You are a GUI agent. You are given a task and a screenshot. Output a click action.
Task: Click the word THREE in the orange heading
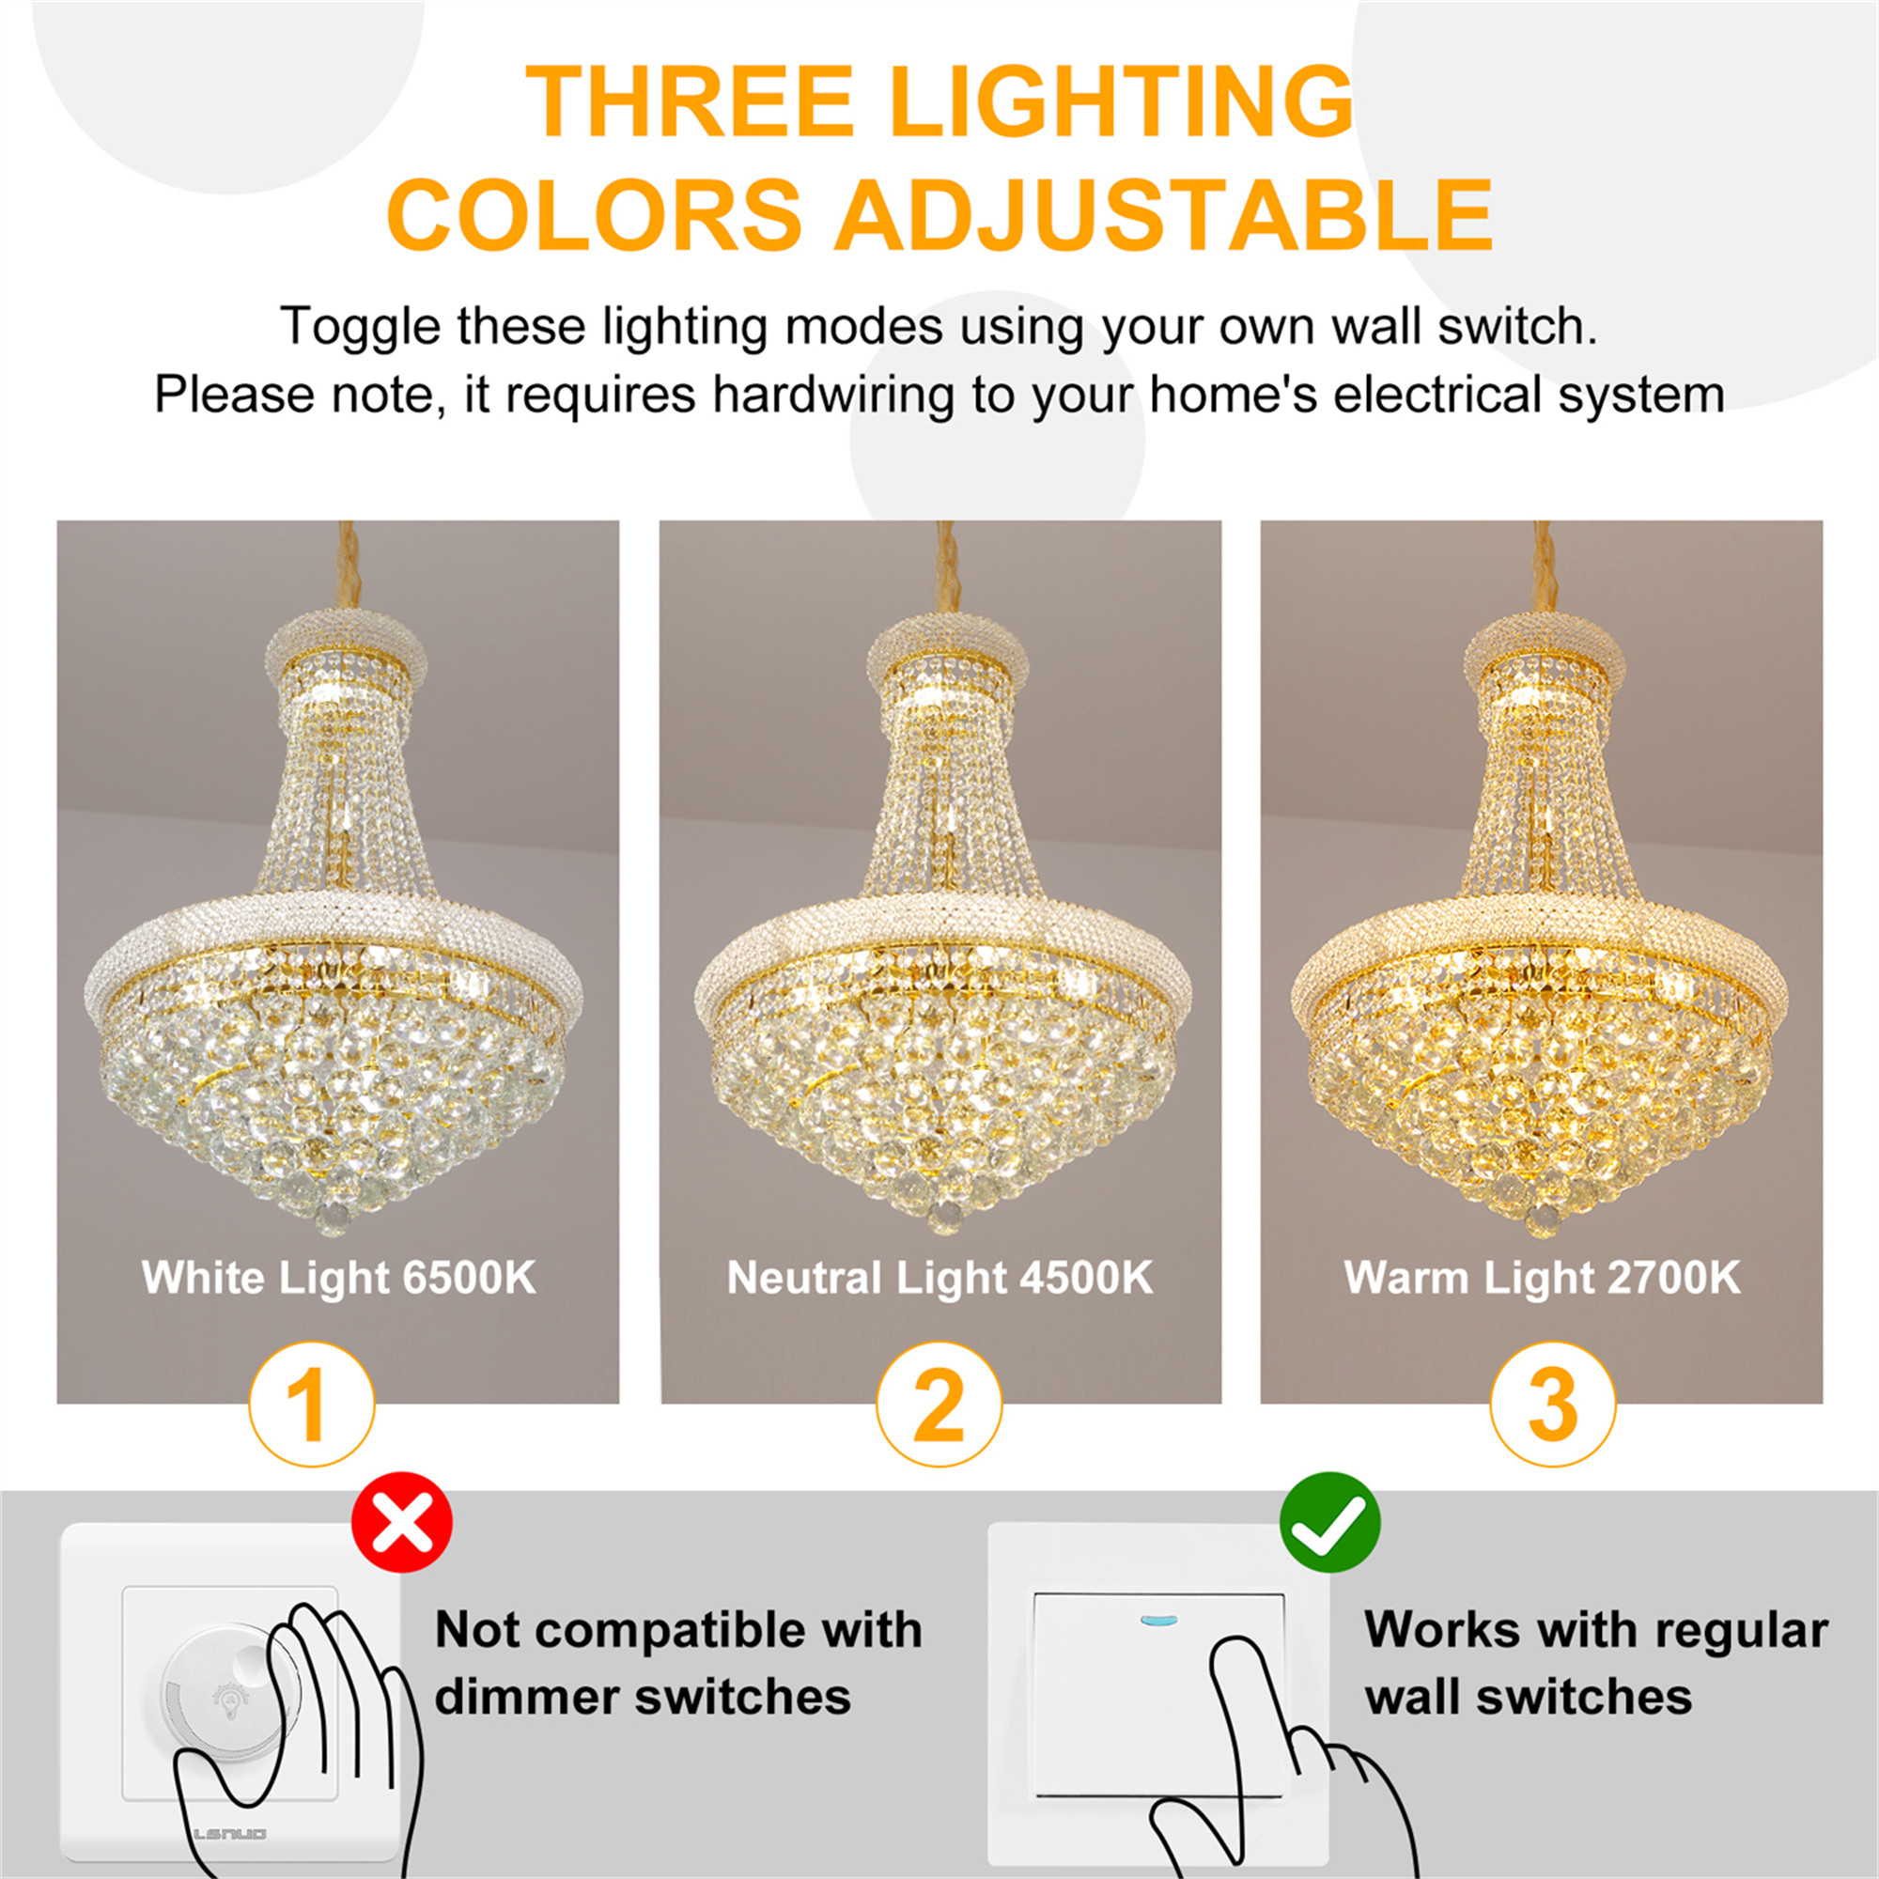690,102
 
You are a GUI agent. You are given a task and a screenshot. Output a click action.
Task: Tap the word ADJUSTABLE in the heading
1163,214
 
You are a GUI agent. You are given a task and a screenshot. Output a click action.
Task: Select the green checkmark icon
1328,1524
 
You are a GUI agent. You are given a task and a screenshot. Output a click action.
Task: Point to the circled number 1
312,1405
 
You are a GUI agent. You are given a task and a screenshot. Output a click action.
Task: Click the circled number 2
939,1405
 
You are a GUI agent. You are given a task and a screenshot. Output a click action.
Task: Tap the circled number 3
1553,1405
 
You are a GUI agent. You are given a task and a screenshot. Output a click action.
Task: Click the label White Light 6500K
338,1277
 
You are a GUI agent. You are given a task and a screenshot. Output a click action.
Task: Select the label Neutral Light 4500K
939,1277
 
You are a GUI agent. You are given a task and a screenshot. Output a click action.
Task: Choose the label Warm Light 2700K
1542,1277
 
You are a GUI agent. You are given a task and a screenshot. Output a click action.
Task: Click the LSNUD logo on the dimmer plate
229,1833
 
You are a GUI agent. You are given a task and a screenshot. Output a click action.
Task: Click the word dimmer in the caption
525,1698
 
